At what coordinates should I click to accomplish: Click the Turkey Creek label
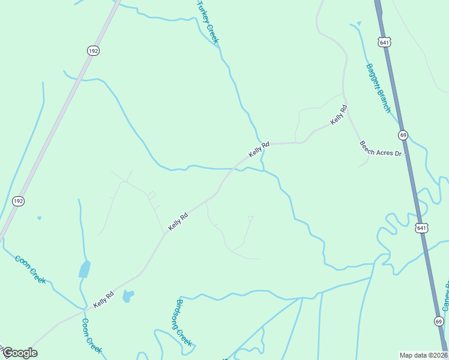[208, 22]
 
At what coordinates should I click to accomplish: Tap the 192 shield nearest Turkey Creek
[92, 52]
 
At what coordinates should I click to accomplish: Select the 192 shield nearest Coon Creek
[19, 202]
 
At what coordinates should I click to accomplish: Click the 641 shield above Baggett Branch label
[385, 41]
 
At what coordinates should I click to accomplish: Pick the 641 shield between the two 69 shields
[421, 227]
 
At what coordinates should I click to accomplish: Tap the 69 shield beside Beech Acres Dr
[403, 135]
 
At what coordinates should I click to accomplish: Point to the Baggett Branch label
[378, 89]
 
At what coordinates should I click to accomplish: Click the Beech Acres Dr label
[380, 149]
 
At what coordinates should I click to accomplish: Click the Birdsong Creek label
[184, 322]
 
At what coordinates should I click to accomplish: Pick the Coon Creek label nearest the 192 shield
[31, 269]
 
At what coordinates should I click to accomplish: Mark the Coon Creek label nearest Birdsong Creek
[91, 335]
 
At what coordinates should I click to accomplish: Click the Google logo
[19, 353]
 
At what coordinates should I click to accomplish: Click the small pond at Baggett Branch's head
[358, 23]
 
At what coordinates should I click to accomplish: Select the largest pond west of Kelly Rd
[85, 269]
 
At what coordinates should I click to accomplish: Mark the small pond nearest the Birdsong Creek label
[128, 295]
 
